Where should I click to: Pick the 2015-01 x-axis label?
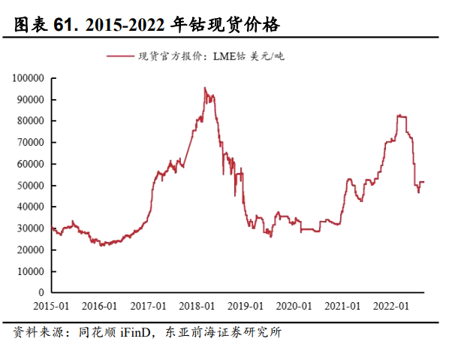(52, 306)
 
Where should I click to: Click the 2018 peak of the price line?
(205, 88)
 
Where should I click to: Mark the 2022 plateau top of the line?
(402, 116)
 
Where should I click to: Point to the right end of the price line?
(424, 181)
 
